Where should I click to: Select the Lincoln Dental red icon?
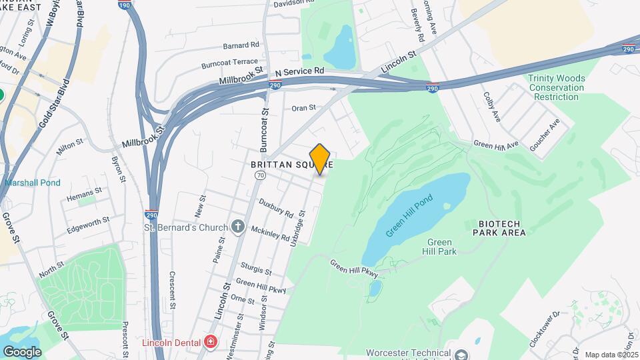[x=211, y=343]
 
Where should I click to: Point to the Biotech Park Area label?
[x=499, y=228]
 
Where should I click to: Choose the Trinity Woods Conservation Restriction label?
[x=556, y=87]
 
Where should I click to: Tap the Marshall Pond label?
[x=33, y=183]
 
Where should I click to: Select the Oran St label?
[x=303, y=107]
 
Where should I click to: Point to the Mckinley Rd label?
[x=270, y=233]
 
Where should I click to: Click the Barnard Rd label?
[x=241, y=45]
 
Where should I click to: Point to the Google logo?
[x=22, y=351]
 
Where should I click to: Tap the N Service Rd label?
[x=299, y=71]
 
